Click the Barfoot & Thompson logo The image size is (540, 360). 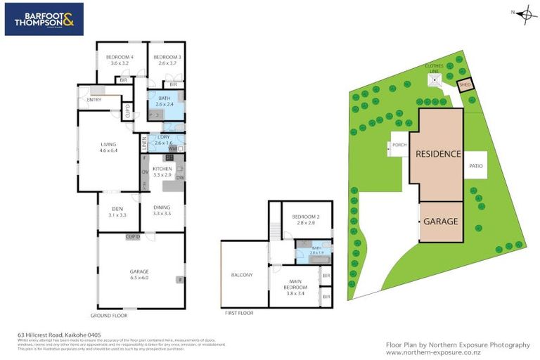(44, 19)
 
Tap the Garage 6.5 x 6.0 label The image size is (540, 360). (139, 274)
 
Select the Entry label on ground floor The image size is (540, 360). (94, 100)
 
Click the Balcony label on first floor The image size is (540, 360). (242, 275)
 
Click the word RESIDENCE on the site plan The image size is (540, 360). (438, 154)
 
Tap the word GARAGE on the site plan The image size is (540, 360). (440, 221)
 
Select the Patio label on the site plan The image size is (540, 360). (475, 166)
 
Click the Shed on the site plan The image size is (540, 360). (465, 85)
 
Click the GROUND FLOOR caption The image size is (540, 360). (110, 316)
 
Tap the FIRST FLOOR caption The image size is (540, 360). (238, 313)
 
